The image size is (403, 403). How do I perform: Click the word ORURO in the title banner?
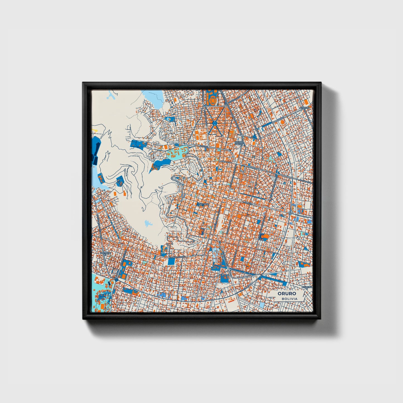(287, 294)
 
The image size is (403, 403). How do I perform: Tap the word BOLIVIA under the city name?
(289, 299)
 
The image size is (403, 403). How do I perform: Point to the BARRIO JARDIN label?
(239, 143)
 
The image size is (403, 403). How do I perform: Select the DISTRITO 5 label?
(203, 204)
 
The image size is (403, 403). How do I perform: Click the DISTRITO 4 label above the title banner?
(307, 287)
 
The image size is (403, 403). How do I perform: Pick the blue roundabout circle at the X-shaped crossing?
(214, 123)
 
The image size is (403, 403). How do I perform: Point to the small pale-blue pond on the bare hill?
(148, 223)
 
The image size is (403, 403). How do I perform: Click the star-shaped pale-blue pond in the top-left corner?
(111, 96)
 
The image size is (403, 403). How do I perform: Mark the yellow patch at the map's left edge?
(95, 130)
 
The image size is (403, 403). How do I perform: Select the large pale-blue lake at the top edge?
(153, 98)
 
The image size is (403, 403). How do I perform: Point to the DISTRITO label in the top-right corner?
(305, 108)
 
